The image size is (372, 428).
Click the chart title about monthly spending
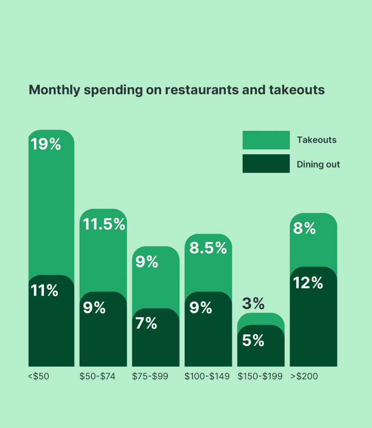coord(177,90)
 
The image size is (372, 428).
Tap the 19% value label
coord(46,145)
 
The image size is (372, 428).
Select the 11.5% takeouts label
coord(104,224)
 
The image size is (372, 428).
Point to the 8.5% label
coord(208,248)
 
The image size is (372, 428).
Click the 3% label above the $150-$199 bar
coord(253,304)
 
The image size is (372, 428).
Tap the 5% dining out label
coord(253,341)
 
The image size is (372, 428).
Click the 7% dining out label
coord(146,324)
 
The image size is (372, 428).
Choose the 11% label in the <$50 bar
coord(44,290)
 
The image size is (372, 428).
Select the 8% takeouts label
coord(304,229)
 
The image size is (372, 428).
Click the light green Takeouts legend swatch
coord(266,140)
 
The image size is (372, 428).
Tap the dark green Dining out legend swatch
coord(266,163)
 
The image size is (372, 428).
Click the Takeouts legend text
coord(317,140)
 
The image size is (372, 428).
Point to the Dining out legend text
coord(318,164)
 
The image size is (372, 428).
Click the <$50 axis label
coord(38,376)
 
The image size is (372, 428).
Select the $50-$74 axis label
coord(97,376)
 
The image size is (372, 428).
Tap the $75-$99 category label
coord(150,376)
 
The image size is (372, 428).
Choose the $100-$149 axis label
coord(207,376)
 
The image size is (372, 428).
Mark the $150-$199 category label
coord(260,376)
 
